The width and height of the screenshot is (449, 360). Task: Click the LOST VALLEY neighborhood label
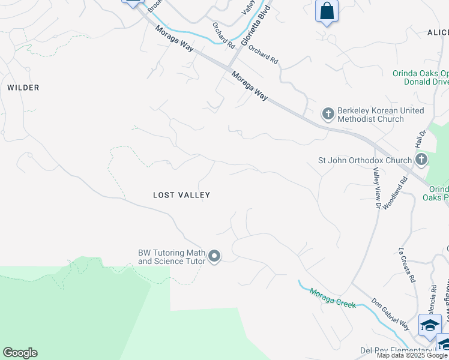[181, 195]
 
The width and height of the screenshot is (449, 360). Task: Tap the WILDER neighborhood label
[23, 88]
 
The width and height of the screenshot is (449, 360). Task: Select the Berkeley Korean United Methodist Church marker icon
[328, 113]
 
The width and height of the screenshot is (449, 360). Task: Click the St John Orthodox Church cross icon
[421, 160]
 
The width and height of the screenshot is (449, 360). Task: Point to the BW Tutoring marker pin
[214, 257]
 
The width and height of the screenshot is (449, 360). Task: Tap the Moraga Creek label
[333, 298]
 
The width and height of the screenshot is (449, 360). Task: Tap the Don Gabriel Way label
[390, 315]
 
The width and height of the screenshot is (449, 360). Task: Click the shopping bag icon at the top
[327, 11]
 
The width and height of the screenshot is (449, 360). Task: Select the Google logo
[20, 353]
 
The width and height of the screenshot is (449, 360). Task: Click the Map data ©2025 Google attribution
[412, 355]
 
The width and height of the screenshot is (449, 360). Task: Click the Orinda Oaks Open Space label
[420, 74]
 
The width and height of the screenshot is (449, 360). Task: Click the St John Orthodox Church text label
[364, 160]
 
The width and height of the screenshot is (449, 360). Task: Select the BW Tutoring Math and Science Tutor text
[172, 257]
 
